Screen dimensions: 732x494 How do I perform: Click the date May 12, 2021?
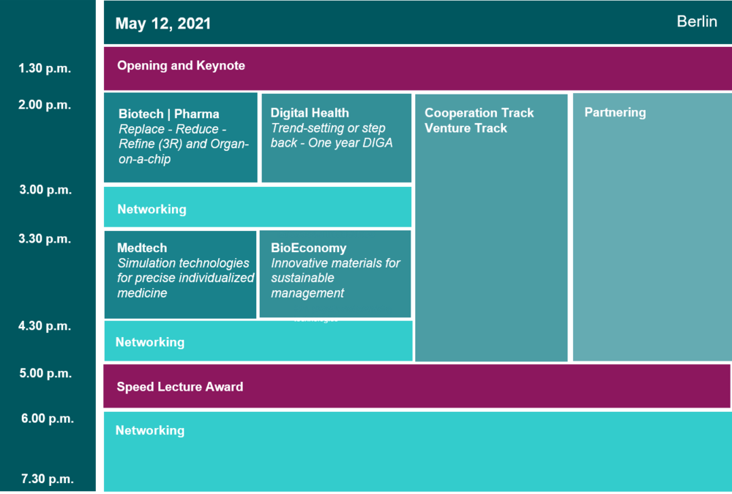(x=163, y=23)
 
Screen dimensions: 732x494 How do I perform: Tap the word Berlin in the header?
(x=697, y=21)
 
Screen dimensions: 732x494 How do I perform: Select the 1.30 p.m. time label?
(x=45, y=68)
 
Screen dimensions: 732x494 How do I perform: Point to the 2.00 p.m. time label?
(x=45, y=105)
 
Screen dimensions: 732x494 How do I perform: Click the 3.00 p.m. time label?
(x=45, y=190)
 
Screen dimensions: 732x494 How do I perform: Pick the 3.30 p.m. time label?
(x=45, y=239)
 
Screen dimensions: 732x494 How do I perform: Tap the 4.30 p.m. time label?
(x=45, y=325)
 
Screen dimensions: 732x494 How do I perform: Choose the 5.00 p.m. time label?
(x=45, y=373)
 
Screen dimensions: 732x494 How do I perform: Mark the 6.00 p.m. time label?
(x=47, y=419)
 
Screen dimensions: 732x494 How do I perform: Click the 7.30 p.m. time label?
(x=47, y=479)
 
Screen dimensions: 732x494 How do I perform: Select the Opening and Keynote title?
(x=181, y=65)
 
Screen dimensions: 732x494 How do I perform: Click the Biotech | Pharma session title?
(x=169, y=114)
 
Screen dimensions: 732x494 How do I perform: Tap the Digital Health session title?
(x=310, y=113)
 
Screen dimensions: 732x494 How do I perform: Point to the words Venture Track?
(x=466, y=128)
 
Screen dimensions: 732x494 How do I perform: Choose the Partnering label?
(x=616, y=112)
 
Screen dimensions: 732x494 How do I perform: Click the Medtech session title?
(x=142, y=248)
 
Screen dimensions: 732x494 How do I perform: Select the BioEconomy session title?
(x=309, y=248)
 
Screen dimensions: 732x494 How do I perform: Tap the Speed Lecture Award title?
(x=180, y=386)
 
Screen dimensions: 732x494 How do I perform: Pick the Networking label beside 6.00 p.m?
(x=150, y=430)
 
